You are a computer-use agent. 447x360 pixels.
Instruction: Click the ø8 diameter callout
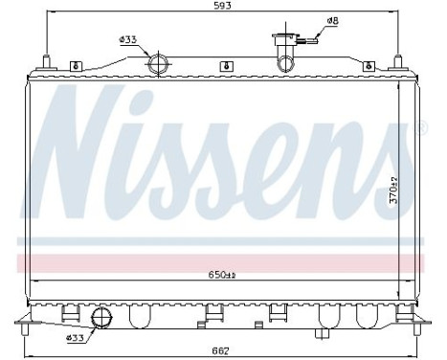331,20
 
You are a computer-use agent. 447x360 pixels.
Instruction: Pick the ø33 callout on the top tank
128,39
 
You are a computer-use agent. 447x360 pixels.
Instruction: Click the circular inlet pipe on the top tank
159,65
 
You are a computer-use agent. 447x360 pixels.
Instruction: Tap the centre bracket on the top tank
223,66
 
